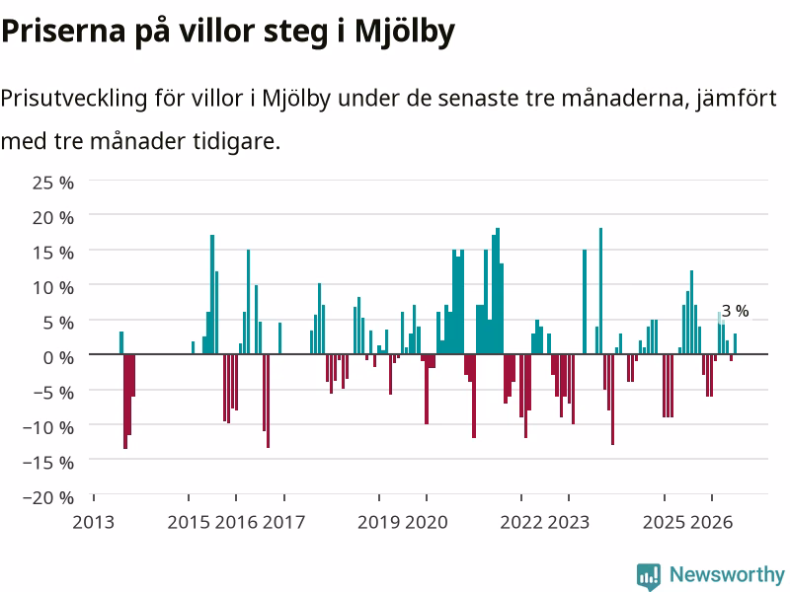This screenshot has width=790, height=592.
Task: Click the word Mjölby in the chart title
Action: tap(405, 32)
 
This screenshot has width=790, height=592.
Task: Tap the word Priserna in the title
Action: tap(63, 32)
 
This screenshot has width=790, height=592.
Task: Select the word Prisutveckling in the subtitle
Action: tap(74, 98)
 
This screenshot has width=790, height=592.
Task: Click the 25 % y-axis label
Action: tap(53, 183)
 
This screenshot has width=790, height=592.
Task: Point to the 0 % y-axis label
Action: tap(58, 357)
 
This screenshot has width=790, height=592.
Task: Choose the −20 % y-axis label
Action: tap(48, 497)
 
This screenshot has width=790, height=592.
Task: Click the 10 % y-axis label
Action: tap(53, 287)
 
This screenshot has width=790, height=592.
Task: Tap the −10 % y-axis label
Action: tap(48, 427)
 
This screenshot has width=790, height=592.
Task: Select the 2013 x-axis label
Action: tap(93, 522)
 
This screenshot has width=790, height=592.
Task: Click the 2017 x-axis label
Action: tap(284, 522)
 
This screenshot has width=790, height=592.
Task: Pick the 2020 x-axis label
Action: tap(427, 522)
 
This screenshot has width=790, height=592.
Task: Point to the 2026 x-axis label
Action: tap(711, 522)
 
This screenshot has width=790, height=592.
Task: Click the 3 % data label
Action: tap(735, 311)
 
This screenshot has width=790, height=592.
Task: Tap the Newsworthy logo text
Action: tap(727, 574)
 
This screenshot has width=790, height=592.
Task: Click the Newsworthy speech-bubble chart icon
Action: tap(649, 576)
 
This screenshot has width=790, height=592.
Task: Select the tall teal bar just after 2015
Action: tap(212, 294)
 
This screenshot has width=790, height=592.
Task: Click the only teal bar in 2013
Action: tap(121, 342)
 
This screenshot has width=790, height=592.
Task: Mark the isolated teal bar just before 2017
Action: tap(280, 338)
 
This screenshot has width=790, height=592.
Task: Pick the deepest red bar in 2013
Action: tap(125, 402)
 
